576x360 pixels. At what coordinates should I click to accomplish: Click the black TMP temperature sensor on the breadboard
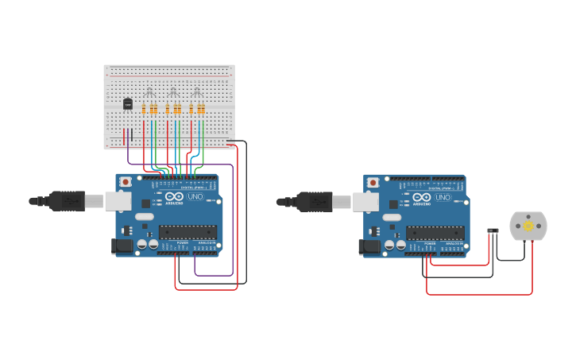pyautogui.click(x=128, y=104)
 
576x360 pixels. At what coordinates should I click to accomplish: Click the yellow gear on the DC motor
pyautogui.click(x=528, y=226)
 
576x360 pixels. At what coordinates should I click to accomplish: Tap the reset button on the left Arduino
pyautogui.click(x=126, y=182)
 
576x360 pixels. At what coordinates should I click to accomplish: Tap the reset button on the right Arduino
pyautogui.click(x=373, y=183)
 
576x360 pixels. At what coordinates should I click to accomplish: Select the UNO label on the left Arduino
pyautogui.click(x=195, y=196)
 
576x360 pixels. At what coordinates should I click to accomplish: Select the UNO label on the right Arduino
pyautogui.click(x=443, y=197)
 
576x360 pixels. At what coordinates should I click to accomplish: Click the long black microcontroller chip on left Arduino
pyautogui.click(x=187, y=232)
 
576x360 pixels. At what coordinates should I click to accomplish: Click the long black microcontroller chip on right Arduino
pyautogui.click(x=435, y=233)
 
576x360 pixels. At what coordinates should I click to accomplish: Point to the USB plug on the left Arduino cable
pyautogui.click(x=68, y=201)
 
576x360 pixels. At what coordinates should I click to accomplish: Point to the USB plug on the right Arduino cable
pyautogui.click(x=315, y=202)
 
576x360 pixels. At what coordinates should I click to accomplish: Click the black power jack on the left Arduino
pyautogui.click(x=122, y=246)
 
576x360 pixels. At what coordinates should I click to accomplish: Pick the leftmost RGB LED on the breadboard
pyautogui.click(x=149, y=92)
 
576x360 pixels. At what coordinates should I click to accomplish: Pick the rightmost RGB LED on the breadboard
pyautogui.click(x=196, y=92)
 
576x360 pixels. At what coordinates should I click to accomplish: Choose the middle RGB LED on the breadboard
pyautogui.click(x=172, y=92)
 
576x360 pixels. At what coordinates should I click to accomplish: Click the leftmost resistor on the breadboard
pyautogui.click(x=144, y=109)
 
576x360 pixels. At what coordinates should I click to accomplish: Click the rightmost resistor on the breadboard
pyautogui.click(x=203, y=109)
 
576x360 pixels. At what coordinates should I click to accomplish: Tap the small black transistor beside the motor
pyautogui.click(x=493, y=231)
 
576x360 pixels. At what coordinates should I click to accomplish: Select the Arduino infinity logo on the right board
pyautogui.click(x=422, y=197)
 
